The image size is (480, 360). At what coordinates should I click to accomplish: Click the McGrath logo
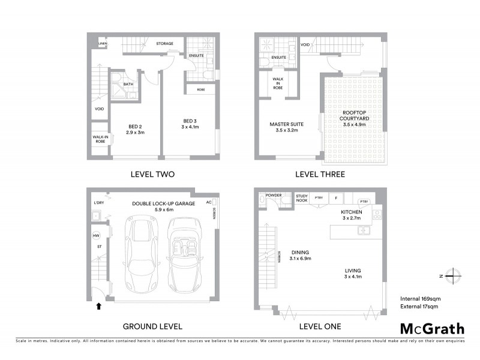coord(432,328)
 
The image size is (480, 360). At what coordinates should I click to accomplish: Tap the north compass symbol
coord(451,277)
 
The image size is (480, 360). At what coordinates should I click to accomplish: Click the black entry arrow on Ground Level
coord(98,307)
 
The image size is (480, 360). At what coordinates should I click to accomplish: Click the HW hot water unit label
coord(96,235)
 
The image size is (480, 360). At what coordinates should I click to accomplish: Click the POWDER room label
coord(274,195)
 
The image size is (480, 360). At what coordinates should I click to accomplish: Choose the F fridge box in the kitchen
coord(336,198)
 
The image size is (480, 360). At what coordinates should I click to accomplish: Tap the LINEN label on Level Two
coord(103,44)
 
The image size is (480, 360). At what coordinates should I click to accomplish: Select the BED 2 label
coord(134,129)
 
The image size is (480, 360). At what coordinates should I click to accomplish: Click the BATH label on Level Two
coord(128,84)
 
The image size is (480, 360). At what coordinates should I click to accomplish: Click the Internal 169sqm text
coord(421,298)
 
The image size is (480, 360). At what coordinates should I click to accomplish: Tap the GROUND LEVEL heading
coord(152,326)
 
